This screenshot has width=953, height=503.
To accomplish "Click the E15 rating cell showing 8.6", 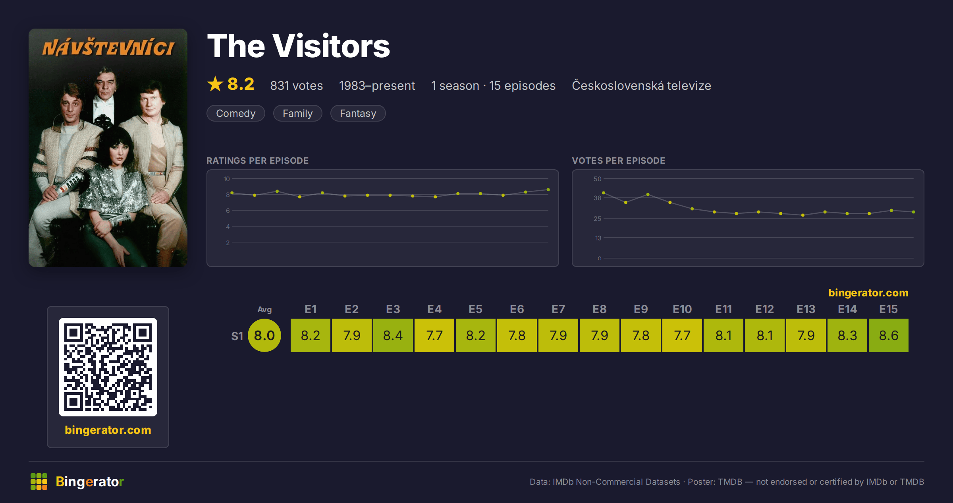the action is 888,335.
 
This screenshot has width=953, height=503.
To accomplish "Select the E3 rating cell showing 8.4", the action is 393,335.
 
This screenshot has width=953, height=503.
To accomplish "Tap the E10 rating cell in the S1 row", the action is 682,335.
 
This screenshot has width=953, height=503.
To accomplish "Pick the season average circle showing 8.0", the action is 264,335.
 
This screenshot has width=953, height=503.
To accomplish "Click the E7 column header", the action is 558,309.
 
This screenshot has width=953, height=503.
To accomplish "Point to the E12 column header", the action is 764,309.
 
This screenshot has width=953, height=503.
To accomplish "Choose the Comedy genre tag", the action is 236,113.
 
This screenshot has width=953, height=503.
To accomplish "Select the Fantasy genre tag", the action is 358,113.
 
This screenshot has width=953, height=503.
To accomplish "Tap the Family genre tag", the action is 298,113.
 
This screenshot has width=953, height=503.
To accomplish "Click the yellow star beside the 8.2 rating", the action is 215,84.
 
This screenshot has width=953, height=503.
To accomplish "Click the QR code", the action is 108,367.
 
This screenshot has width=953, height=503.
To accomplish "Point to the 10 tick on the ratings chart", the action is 227,179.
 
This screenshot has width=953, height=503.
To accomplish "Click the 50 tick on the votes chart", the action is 598,179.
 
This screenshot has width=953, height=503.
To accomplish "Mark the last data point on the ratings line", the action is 548,190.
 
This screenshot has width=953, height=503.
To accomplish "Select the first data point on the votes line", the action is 604,193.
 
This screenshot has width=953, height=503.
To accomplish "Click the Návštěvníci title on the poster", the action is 108,48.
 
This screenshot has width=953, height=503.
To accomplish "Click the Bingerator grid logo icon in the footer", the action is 39,482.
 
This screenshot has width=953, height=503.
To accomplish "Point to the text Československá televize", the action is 641,85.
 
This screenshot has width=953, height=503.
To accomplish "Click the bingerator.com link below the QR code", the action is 108,430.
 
